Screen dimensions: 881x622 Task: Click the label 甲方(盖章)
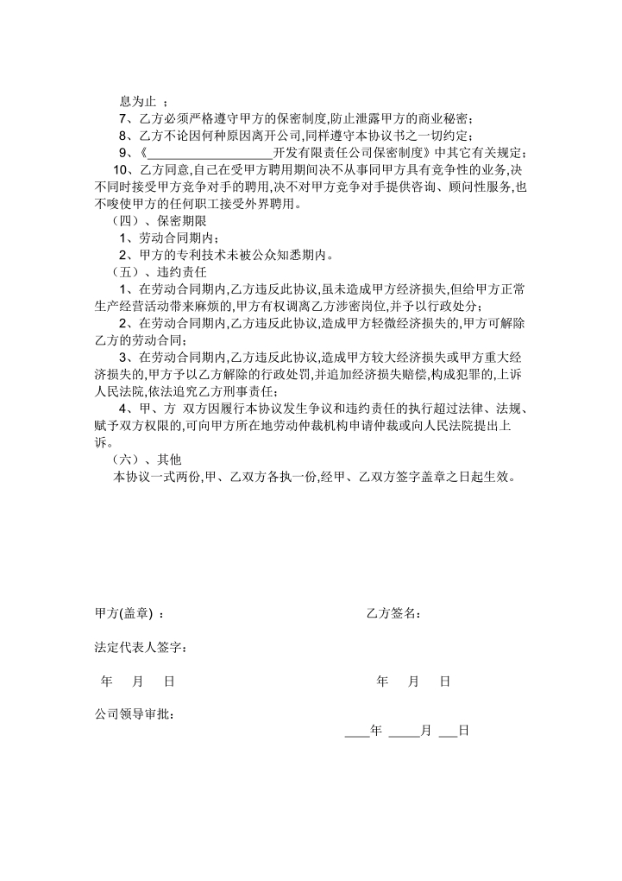coord(123,613)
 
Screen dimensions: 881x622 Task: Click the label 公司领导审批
coord(135,715)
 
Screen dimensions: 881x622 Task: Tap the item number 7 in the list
coord(123,118)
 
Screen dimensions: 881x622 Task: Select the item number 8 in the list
coord(123,136)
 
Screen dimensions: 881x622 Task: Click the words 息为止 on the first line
coord(136,102)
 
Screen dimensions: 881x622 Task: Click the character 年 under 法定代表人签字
coord(107,681)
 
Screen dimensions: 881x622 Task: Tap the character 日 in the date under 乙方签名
coord(445,681)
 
